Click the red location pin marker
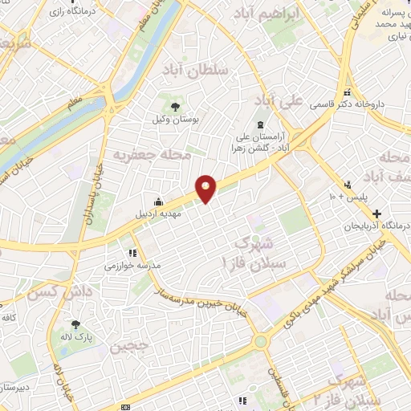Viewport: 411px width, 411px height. coord(206,188)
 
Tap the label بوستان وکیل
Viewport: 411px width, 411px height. coord(174,119)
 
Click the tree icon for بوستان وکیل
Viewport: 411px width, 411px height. coord(173,105)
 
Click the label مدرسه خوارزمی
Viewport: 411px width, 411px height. coord(132,264)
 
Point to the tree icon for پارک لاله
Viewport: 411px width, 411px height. coord(76,325)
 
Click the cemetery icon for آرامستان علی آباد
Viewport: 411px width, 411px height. coord(260,124)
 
